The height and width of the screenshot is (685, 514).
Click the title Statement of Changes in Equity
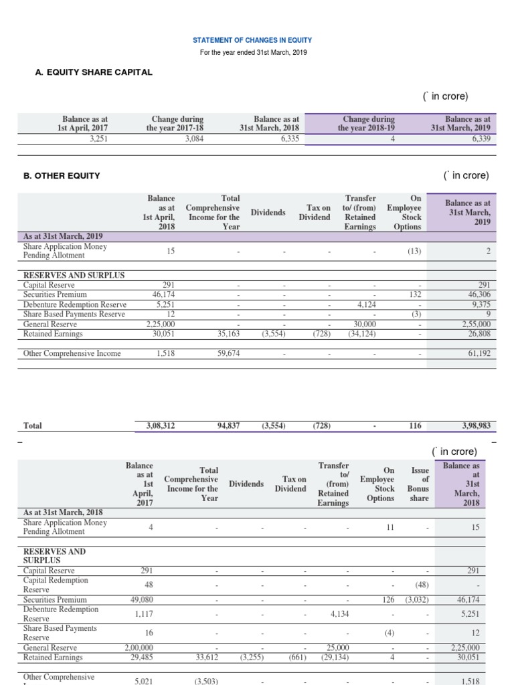252,40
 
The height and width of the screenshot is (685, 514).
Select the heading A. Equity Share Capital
94,72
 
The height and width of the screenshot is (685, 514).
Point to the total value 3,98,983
476,425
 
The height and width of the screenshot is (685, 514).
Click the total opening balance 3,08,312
161,425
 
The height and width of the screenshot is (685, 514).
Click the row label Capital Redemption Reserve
60,585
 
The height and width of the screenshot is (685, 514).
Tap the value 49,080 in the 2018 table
140,600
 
